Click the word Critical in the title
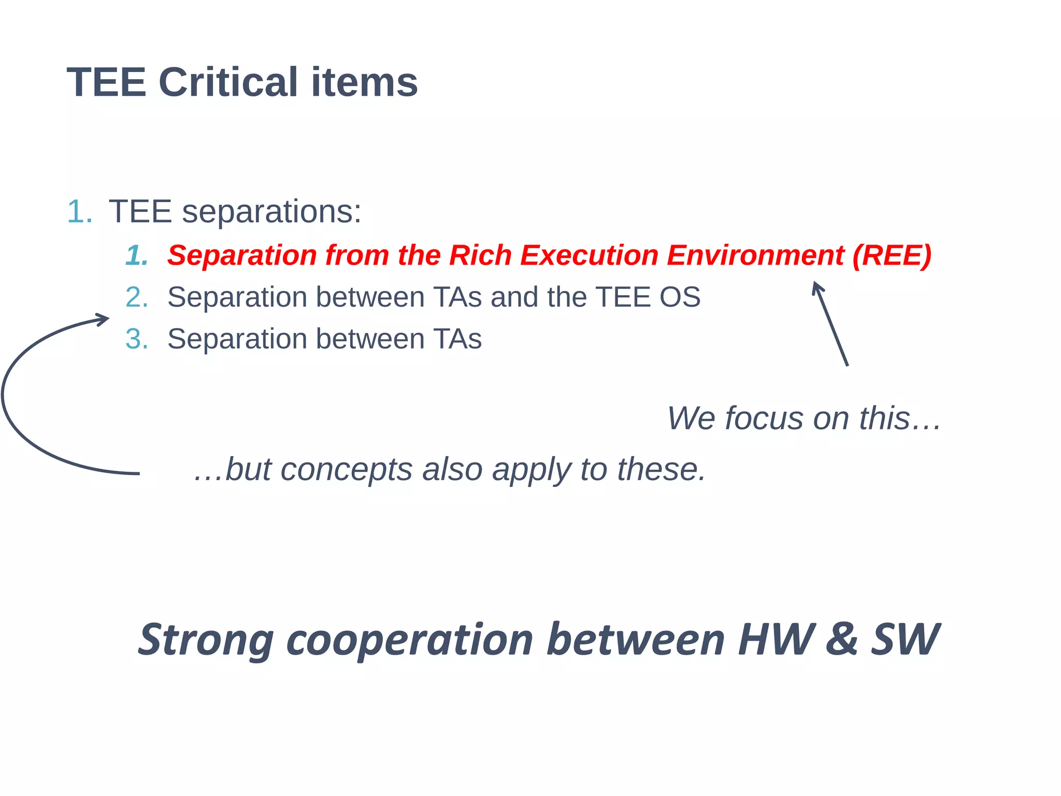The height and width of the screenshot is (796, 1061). [x=228, y=82]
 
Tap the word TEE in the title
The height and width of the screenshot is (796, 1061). [x=106, y=82]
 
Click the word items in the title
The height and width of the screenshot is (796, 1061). [x=364, y=82]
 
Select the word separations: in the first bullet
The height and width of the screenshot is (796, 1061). [x=271, y=211]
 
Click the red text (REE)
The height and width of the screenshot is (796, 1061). [x=892, y=255]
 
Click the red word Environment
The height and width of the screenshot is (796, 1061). [x=755, y=255]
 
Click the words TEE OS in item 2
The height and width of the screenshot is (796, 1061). [x=648, y=297]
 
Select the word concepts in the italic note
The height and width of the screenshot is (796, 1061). [x=347, y=470]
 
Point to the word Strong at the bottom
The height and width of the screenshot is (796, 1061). [x=206, y=640]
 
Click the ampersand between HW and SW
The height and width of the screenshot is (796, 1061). [x=841, y=639]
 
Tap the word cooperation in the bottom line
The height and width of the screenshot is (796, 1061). [x=409, y=640]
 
